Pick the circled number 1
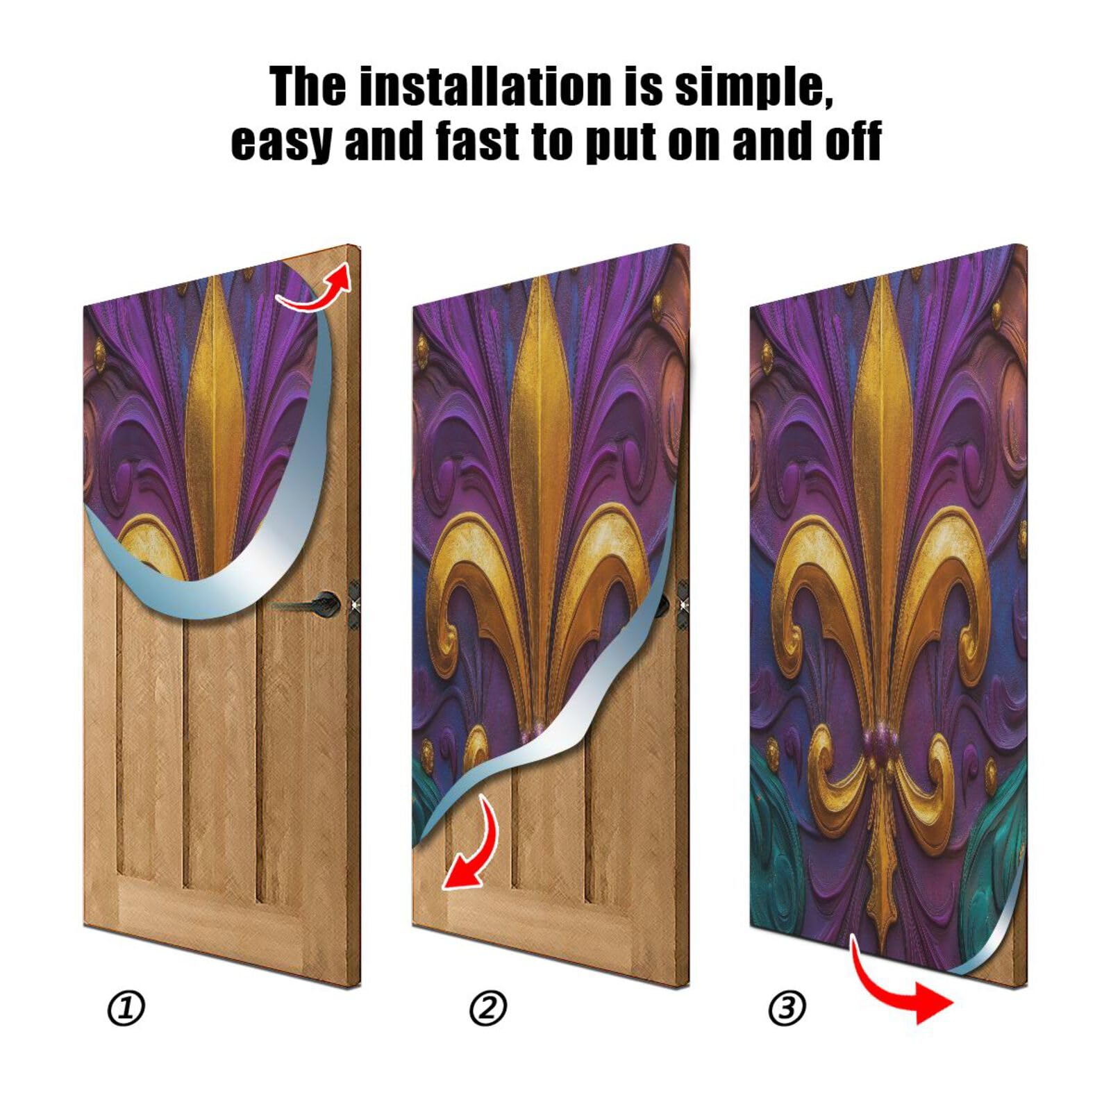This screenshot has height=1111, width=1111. click(x=126, y=1008)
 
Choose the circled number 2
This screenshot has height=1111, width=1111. click(x=488, y=1008)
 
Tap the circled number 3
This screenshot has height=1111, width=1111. click(x=787, y=1008)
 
